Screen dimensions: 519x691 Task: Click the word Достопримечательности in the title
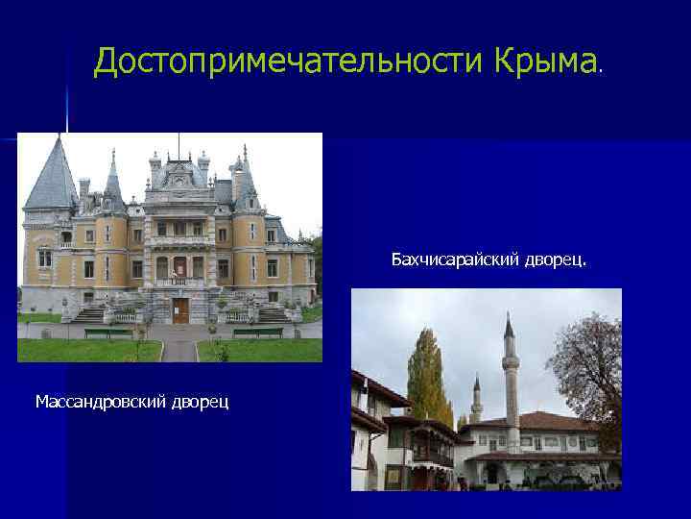click(290, 62)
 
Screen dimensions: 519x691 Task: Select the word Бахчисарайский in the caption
click(455, 259)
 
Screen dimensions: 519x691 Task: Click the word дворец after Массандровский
click(200, 400)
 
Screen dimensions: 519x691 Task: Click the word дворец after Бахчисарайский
click(560, 259)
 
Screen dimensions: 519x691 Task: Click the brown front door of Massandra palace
click(179, 310)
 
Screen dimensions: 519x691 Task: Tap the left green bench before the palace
click(108, 334)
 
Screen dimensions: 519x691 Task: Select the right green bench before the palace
click(258, 334)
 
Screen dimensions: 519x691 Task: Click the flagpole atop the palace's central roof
click(178, 146)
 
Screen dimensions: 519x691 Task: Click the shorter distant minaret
click(476, 399)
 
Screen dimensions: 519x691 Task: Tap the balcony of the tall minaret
click(510, 364)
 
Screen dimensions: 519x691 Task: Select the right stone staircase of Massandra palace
click(272, 314)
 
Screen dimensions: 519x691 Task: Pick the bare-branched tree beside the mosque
click(587, 365)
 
